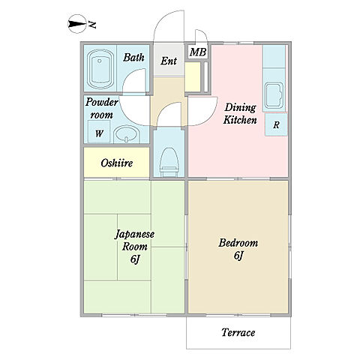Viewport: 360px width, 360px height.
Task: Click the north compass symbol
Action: pyautogui.click(x=77, y=24)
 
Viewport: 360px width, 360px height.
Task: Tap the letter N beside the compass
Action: pyautogui.click(x=92, y=25)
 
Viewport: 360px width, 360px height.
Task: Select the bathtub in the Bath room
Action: pyautogui.click(x=100, y=69)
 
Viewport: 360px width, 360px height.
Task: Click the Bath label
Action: pyautogui.click(x=133, y=58)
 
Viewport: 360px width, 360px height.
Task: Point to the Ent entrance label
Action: pyautogui.click(x=169, y=61)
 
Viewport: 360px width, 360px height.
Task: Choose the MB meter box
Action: pyautogui.click(x=198, y=52)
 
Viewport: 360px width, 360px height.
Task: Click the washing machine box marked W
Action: pyautogui.click(x=99, y=131)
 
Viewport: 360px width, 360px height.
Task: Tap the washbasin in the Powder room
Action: pyautogui.click(x=127, y=134)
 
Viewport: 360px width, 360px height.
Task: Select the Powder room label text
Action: pyautogui.click(x=101, y=108)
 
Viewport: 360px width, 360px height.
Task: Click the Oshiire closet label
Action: pyautogui.click(x=117, y=163)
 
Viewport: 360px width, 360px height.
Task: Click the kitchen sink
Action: pyautogui.click(x=274, y=95)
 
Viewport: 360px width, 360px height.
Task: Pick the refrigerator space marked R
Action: pyautogui.click(x=276, y=124)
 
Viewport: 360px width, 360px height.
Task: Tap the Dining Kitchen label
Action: pyautogui.click(x=240, y=113)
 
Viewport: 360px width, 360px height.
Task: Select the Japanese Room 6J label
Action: pyautogui.click(x=134, y=246)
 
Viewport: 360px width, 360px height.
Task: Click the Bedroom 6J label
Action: pyautogui.click(x=238, y=249)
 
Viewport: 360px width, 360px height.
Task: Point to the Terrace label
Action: pyautogui.click(x=238, y=332)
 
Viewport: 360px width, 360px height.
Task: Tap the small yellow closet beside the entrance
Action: pyautogui.click(x=193, y=76)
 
